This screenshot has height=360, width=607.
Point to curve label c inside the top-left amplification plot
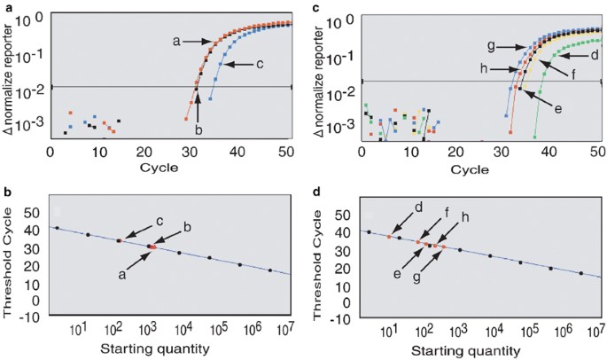(x=259, y=64)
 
